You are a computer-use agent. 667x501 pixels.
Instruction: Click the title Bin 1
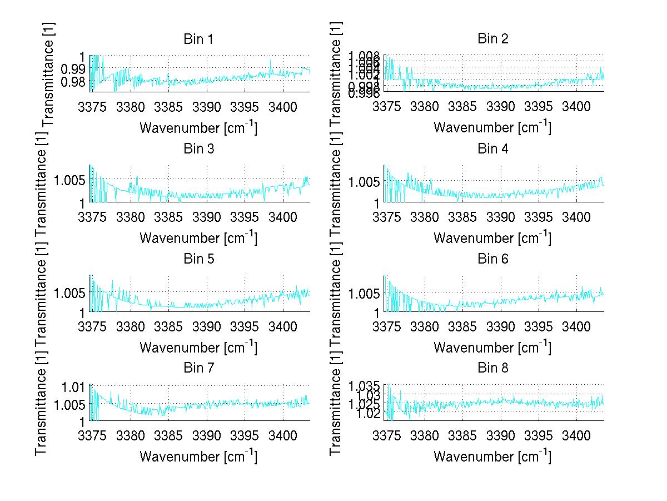[198, 39]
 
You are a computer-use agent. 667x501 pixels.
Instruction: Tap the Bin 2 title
[492, 39]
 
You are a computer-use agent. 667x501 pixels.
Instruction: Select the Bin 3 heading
[198, 149]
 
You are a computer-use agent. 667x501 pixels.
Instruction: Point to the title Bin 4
[492, 149]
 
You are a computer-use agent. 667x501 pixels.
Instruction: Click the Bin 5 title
[198, 259]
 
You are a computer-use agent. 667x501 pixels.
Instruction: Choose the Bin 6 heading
[492, 259]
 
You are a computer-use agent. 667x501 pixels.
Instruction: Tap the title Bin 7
[198, 368]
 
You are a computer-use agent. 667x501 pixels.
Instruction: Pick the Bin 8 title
[492, 368]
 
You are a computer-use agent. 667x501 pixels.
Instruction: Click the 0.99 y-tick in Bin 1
[73, 69]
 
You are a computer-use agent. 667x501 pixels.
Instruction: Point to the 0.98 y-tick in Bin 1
[73, 82]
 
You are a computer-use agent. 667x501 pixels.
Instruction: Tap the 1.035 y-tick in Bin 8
[364, 386]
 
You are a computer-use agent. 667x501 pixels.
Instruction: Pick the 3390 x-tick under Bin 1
[206, 106]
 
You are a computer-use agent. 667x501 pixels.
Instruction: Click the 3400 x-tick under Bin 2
[575, 106]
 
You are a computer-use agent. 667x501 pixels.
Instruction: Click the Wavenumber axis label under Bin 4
[492, 237]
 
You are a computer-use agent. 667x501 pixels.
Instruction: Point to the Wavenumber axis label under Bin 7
[198, 457]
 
